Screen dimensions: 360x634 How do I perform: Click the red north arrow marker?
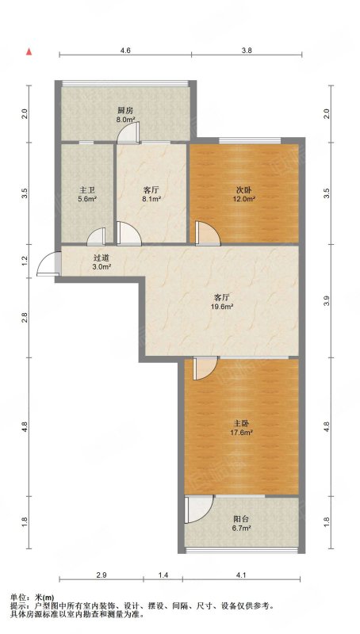[x=29, y=52]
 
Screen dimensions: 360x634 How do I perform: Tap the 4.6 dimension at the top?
[x=125, y=51]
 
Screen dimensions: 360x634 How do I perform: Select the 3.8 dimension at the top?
[x=247, y=51]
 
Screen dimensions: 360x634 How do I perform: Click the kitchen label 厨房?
[x=125, y=110]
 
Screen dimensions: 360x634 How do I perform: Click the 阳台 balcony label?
[x=241, y=519]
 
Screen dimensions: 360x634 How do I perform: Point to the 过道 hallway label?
[x=101, y=258]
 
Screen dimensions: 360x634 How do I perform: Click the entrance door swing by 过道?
[x=48, y=264]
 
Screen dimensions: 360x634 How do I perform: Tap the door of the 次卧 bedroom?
[x=208, y=233]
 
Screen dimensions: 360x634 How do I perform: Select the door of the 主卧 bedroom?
[x=205, y=369]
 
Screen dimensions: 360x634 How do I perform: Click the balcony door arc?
[x=198, y=509]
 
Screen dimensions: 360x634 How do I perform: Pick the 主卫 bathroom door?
[x=96, y=236]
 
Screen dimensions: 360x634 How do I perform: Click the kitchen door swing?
[x=128, y=133]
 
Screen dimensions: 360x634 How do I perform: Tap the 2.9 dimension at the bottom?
[x=101, y=575]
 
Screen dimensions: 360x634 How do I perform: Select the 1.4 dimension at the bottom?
[x=163, y=575]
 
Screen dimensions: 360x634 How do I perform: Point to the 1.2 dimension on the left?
[x=25, y=262]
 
